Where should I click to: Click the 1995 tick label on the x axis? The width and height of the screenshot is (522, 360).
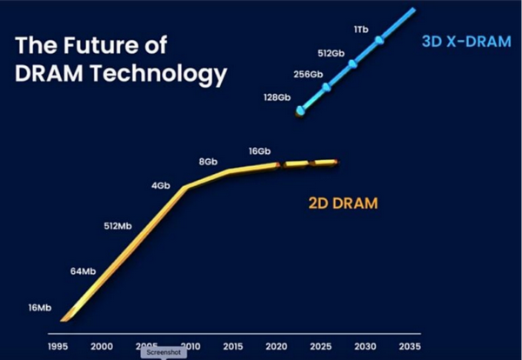pos(59,346)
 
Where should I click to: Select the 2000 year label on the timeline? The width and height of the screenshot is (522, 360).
pos(102,346)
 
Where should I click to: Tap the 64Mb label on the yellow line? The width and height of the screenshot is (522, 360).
pos(83,272)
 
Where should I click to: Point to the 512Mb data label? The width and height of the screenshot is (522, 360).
pos(117,227)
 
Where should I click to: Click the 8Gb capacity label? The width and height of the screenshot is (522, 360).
pos(208,162)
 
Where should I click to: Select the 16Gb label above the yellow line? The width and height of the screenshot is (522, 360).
pos(259,151)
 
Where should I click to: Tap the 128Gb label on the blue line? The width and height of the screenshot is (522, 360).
pos(278,97)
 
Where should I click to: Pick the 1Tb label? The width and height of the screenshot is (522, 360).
pos(361,30)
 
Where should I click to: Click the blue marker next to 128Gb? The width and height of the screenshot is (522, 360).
pos(300,110)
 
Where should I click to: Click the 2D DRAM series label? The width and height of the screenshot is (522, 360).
pos(342,204)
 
